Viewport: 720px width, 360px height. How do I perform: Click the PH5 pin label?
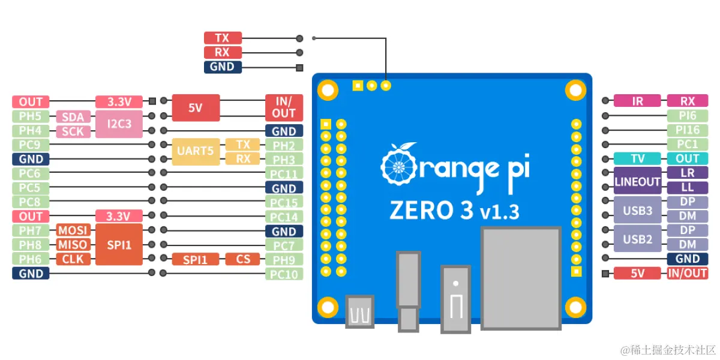(31, 116)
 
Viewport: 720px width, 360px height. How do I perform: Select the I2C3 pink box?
(119, 124)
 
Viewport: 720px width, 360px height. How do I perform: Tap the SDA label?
(73, 116)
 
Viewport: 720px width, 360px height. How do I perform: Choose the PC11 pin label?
(284, 174)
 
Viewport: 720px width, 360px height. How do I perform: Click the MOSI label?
(73, 230)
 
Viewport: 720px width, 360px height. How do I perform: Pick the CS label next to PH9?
(242, 259)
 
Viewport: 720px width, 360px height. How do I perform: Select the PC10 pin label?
(284, 274)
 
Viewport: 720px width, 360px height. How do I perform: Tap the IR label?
(637, 101)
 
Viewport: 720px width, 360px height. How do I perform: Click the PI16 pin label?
(687, 130)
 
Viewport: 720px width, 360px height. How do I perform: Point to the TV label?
(637, 159)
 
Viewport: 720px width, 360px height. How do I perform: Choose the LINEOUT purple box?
(637, 181)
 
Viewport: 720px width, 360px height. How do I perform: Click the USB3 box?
(637, 210)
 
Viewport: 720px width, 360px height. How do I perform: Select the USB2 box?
(637, 239)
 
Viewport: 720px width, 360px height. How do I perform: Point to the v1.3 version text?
(500, 212)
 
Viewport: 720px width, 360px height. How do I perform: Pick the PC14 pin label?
(284, 217)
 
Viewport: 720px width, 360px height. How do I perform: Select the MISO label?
(73, 245)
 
